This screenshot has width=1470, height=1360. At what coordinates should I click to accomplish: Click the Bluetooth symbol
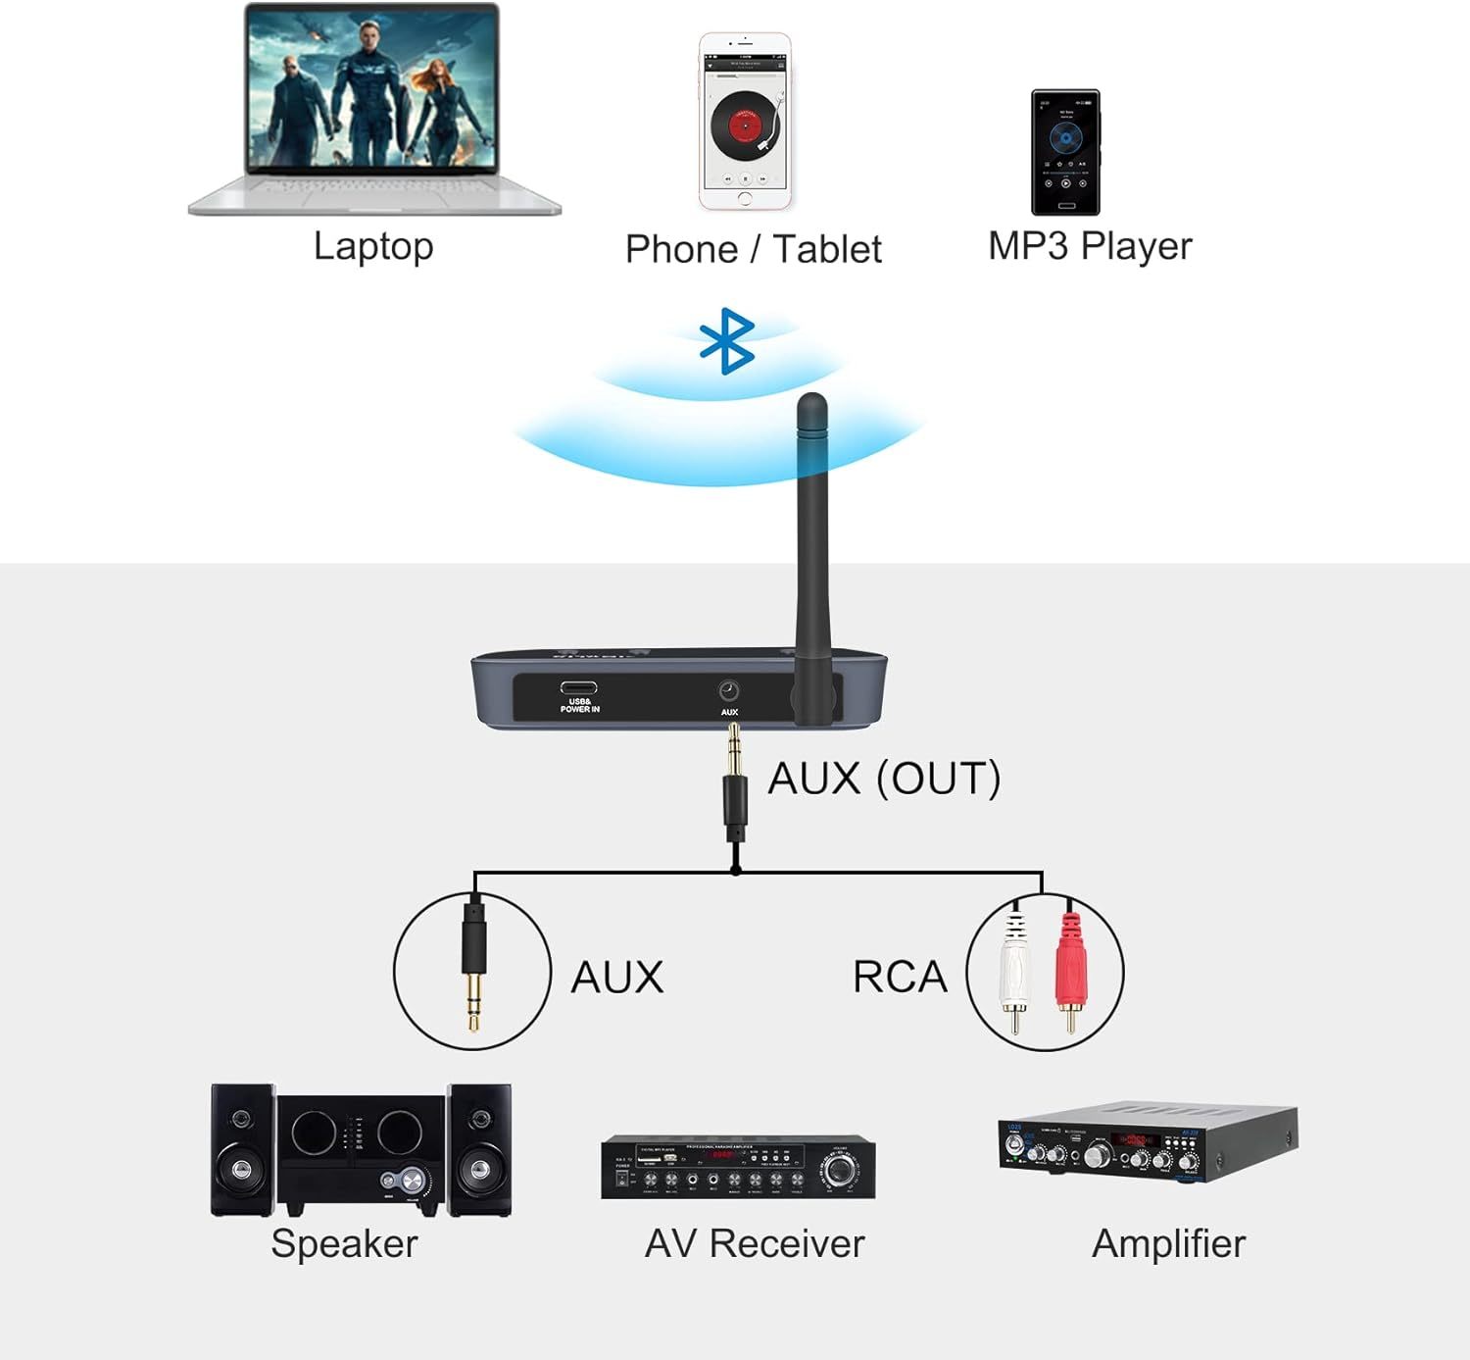point(726,342)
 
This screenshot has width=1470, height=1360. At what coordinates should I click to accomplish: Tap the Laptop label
point(373,246)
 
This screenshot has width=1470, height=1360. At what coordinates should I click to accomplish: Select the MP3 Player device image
point(1065,152)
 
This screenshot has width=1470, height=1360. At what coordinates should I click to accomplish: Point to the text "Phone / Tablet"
point(753,249)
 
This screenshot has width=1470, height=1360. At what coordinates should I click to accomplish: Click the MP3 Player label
point(1090,246)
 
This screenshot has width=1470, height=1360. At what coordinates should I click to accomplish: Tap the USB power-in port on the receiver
point(578,687)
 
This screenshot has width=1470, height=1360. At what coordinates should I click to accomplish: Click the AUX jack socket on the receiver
point(729,690)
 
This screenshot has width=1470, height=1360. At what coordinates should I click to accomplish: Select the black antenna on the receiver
point(812,549)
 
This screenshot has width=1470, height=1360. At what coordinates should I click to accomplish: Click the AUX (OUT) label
point(884,779)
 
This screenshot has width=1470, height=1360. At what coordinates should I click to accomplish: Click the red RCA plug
point(1069,966)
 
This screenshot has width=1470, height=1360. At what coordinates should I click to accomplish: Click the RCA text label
point(900,977)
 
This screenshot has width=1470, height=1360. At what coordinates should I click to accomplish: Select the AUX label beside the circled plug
point(617,978)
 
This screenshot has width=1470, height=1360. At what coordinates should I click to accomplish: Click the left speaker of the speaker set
point(242,1149)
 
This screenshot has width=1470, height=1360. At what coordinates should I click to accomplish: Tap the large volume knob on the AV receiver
point(840,1169)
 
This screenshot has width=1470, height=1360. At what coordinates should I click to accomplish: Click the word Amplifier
point(1168,1243)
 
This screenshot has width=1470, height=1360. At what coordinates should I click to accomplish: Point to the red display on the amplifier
point(1135,1140)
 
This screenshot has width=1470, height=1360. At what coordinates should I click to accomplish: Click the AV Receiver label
point(755,1243)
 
